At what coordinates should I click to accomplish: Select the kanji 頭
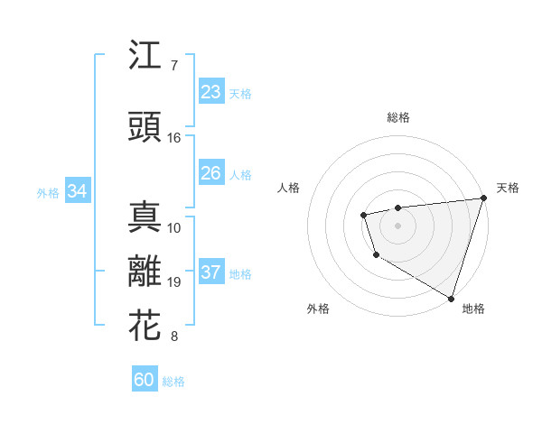pos(145,126)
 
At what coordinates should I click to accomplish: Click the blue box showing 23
pos(211,92)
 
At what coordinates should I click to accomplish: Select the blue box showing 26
pos(211,173)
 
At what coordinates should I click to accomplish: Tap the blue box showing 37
pos(211,272)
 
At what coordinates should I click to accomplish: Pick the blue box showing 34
pos(77,191)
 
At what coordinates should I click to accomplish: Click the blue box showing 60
pos(145,380)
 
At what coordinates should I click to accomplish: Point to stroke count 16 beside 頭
pos(174,138)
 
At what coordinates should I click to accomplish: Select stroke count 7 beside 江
pos(174,66)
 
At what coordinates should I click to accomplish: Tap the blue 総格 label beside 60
pos(173,382)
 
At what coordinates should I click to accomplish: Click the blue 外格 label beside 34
pos(48,192)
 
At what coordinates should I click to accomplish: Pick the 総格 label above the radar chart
pos(398,117)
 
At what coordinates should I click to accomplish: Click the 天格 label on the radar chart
pos(508,188)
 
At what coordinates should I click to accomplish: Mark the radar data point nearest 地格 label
pos(451,297)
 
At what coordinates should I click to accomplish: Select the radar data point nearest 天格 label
pos(483,198)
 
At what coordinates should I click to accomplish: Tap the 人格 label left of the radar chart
pos(289,188)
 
